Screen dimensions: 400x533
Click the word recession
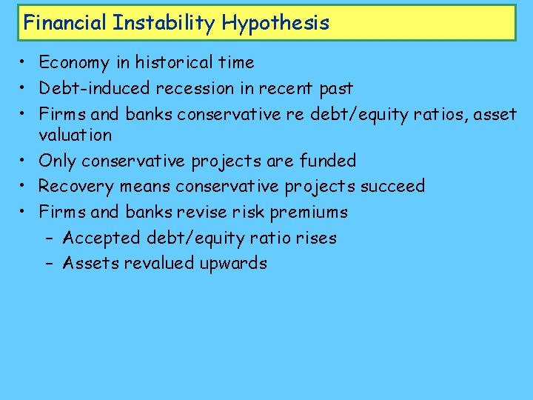pos(195,88)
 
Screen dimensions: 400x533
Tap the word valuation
pos(76,135)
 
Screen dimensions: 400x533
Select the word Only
pos(57,161)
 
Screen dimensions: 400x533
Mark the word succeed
pos(392,186)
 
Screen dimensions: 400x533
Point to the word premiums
pos(309,212)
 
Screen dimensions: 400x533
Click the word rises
pos(315,238)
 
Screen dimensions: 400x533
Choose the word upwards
pos(233,264)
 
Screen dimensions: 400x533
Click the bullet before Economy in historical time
pos(25,63)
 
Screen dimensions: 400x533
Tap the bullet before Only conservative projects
pos(25,161)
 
